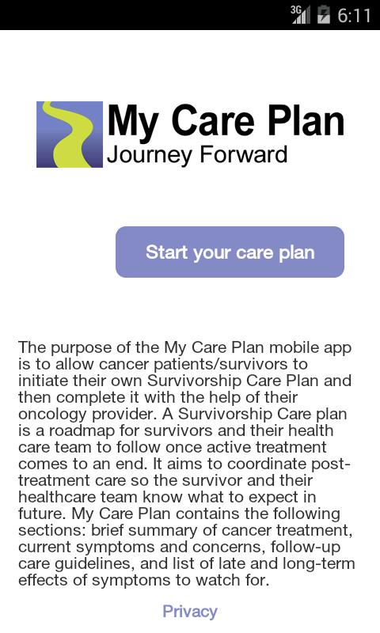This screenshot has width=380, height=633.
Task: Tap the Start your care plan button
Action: click(x=230, y=252)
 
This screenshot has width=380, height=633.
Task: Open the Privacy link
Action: click(x=190, y=611)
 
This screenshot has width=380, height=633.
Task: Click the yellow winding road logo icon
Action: click(x=70, y=134)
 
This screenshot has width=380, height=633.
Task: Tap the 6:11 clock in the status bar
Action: click(x=354, y=15)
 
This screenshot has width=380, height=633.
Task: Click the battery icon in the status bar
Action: click(x=323, y=15)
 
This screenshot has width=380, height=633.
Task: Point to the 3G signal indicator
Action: click(x=299, y=14)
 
